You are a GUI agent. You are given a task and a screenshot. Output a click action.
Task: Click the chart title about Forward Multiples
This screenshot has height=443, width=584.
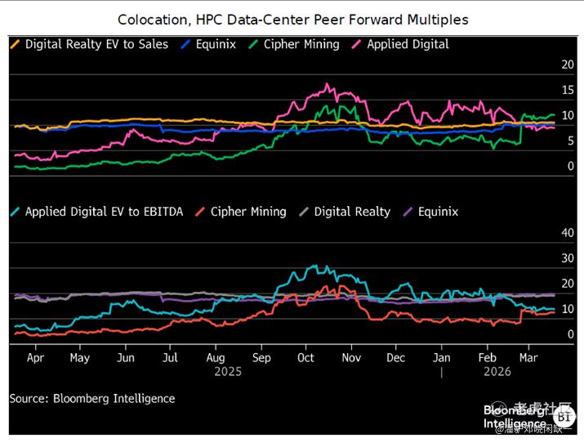tap(292, 19)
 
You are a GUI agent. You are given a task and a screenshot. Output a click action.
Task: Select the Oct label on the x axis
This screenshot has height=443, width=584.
tap(305, 358)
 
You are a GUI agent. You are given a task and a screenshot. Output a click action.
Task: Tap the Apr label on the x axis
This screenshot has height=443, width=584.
tap(35, 358)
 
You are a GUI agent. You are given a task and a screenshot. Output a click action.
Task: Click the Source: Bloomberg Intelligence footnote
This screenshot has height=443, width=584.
tap(92, 399)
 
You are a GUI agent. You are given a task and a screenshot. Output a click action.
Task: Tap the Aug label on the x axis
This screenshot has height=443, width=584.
tap(216, 358)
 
